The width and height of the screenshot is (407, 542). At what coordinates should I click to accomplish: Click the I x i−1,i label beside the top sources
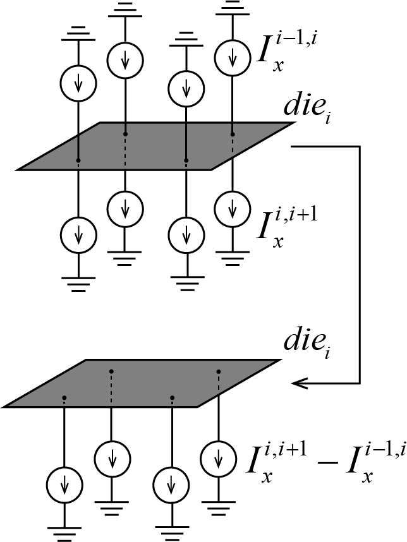point(287,52)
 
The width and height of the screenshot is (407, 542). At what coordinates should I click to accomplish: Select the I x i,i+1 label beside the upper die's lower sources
point(287,228)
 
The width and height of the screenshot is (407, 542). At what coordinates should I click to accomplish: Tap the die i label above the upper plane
point(307,108)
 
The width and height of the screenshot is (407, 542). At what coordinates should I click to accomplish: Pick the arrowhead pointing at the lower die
point(300,383)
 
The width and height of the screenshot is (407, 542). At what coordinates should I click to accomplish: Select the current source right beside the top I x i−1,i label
point(233,57)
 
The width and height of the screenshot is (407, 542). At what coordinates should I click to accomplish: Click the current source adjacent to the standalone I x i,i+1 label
point(233,210)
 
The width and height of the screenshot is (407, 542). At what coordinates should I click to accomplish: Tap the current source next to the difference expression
point(219,459)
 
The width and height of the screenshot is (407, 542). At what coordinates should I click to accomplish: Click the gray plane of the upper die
point(155,146)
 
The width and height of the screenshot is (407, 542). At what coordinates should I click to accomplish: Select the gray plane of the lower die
point(142,383)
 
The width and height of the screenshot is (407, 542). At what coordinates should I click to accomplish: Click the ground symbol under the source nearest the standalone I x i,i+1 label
point(233,258)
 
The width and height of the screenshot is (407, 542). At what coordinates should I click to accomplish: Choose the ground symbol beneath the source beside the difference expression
point(219,509)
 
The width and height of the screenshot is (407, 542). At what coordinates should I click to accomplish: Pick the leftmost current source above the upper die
point(78,83)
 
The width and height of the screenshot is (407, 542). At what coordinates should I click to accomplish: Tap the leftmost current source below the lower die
point(64,485)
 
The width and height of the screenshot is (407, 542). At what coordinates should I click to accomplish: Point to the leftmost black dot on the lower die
point(64,398)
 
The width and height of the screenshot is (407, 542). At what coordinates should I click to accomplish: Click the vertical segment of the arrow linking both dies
point(360,265)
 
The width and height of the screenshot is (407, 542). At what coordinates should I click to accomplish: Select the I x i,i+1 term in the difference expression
point(276,463)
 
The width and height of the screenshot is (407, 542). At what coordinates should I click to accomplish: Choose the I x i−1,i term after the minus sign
point(376,463)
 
